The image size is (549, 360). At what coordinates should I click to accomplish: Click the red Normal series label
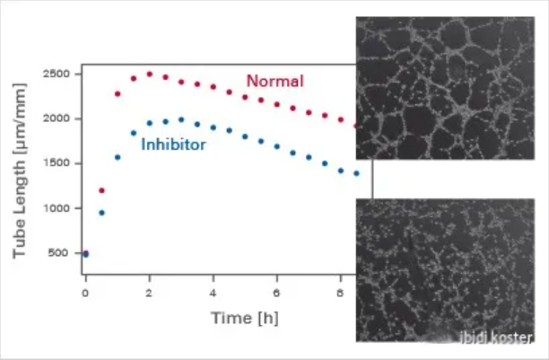tap(275, 82)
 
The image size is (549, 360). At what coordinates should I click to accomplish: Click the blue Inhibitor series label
tap(174, 144)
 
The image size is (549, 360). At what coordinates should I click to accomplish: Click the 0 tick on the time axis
tap(85, 292)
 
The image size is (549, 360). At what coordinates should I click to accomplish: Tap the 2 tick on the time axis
tap(149, 292)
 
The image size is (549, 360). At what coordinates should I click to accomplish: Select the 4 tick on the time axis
tap(213, 292)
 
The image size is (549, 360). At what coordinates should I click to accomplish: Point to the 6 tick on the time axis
tap(276, 292)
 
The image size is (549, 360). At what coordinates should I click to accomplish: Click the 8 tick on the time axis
tap(340, 292)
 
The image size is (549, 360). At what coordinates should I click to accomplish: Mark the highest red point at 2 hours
tap(150, 75)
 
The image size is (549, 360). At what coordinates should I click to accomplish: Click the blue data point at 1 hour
tap(118, 157)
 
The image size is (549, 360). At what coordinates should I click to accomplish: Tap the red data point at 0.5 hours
tap(101, 190)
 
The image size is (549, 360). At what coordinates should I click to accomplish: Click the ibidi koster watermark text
tap(498, 339)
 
